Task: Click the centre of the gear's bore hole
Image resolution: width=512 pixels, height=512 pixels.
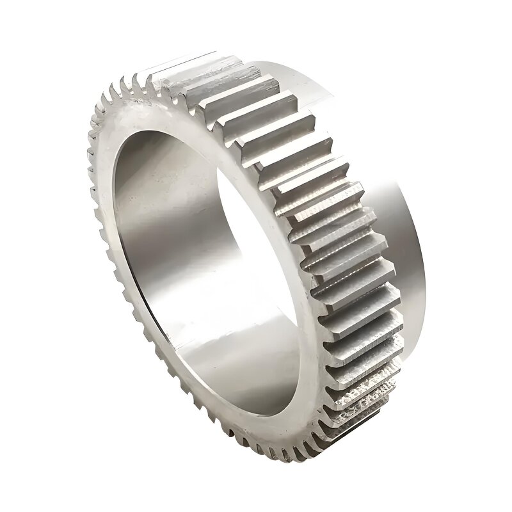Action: click(x=192, y=256)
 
